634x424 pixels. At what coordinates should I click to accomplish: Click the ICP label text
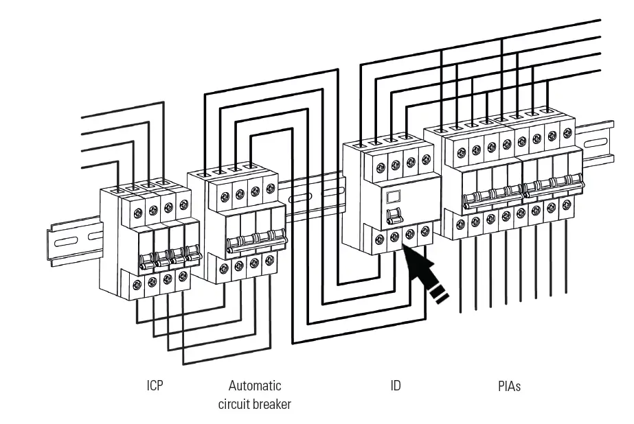coord(155,385)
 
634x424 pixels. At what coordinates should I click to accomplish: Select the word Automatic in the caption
coord(255,386)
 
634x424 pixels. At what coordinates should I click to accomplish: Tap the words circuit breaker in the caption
coord(255,404)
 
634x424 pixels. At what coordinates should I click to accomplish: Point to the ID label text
coord(396,386)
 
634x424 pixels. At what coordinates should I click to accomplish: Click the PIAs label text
coord(509,386)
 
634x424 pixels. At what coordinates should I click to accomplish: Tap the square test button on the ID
coord(394,197)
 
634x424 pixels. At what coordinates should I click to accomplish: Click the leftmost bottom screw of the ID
coord(379,239)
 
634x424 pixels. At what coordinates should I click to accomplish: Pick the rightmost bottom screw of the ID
coord(426,231)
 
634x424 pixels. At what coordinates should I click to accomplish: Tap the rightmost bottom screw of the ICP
coord(183,276)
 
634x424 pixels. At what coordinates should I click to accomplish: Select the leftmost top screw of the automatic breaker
coord(225,198)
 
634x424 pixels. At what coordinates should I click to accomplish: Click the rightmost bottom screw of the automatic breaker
coord(270,260)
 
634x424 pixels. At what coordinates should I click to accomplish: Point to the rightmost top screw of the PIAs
coord(567,133)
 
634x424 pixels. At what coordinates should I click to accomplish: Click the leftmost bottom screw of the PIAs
coord(460,224)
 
